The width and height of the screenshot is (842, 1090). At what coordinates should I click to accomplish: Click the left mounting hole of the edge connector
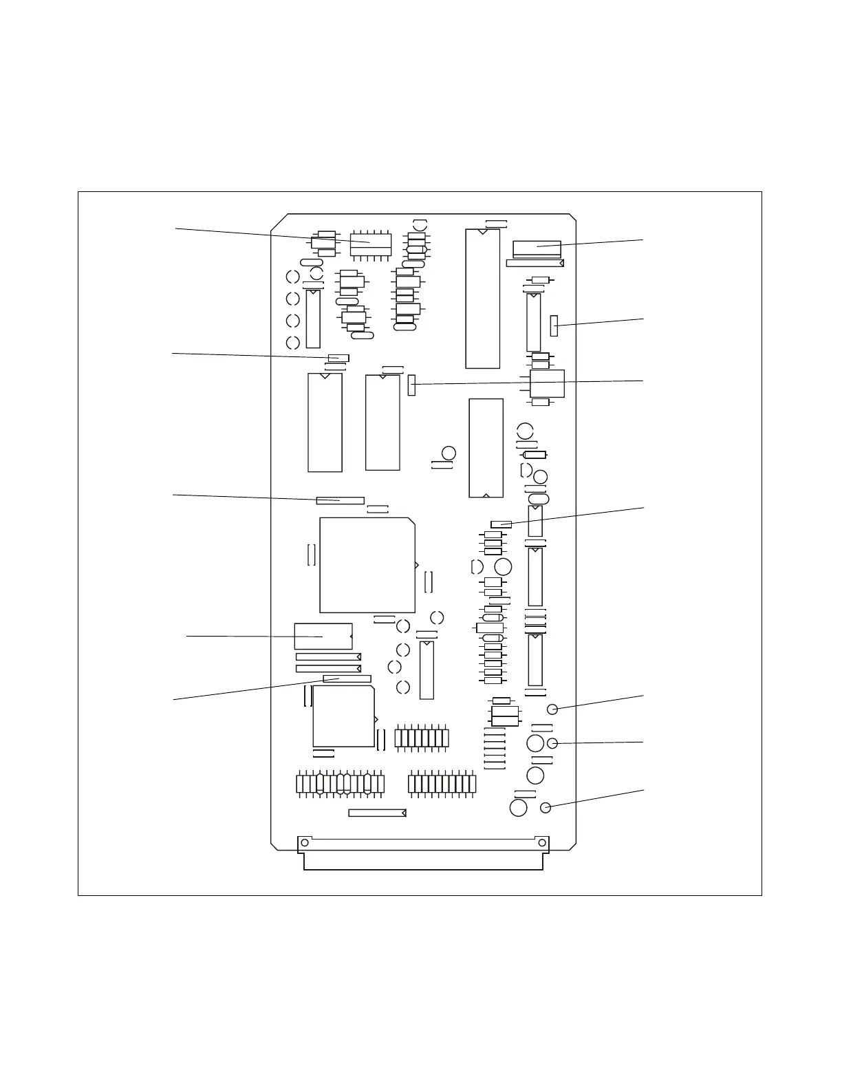(x=304, y=843)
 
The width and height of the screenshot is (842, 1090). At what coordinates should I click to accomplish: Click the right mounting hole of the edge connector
(x=542, y=843)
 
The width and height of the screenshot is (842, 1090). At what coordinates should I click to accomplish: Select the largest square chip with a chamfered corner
(x=367, y=565)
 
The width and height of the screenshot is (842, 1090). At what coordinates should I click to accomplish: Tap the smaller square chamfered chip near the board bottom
(x=343, y=716)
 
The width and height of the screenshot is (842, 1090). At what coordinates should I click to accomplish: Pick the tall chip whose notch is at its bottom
(x=486, y=448)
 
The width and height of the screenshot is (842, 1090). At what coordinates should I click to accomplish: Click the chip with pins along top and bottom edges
(x=371, y=244)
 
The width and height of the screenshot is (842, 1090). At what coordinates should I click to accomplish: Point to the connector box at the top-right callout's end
(x=537, y=248)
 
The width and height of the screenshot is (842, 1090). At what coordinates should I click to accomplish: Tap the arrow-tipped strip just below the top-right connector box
(x=535, y=263)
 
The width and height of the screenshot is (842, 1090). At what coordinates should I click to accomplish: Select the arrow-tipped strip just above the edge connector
(x=377, y=813)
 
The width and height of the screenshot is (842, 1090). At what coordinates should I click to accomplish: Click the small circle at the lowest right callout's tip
(x=546, y=808)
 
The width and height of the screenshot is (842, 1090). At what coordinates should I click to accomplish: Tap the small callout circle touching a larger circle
(x=552, y=742)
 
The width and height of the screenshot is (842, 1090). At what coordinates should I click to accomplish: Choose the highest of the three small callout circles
(x=552, y=709)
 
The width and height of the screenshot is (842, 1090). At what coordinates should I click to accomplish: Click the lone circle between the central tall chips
(x=449, y=453)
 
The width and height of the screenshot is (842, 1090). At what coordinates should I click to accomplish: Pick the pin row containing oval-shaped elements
(x=340, y=784)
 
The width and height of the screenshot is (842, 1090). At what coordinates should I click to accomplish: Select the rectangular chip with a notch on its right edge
(x=323, y=637)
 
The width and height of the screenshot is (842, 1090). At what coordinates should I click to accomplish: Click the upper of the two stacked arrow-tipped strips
(x=328, y=657)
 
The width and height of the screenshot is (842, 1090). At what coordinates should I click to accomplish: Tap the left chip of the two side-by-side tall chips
(x=325, y=423)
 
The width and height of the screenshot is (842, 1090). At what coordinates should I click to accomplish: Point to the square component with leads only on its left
(x=547, y=384)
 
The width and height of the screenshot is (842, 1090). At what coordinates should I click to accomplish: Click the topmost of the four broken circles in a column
(x=292, y=277)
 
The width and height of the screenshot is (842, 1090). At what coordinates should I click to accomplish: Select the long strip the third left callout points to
(x=340, y=500)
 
